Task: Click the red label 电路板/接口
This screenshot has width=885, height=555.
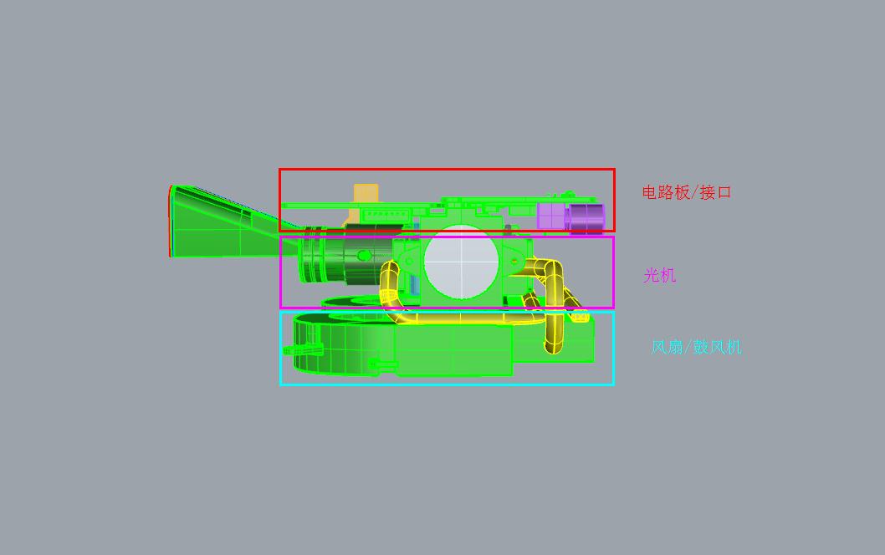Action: (x=686, y=192)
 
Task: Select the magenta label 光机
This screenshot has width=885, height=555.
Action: (x=659, y=275)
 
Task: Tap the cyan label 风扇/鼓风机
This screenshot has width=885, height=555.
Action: (x=696, y=347)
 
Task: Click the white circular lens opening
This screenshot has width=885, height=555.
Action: (x=462, y=262)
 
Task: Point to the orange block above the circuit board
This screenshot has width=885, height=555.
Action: (x=366, y=194)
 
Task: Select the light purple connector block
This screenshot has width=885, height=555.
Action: (x=550, y=216)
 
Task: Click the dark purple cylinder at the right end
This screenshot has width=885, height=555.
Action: (x=586, y=216)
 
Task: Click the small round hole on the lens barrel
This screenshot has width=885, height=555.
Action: (x=364, y=255)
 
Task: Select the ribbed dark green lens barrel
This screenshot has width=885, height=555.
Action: (x=335, y=261)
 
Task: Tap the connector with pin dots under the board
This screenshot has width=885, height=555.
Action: (x=386, y=216)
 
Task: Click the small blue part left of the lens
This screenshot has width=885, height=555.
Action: (x=414, y=284)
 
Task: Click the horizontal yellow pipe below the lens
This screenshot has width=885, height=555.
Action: (x=468, y=318)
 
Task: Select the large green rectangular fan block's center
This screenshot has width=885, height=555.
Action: (x=453, y=351)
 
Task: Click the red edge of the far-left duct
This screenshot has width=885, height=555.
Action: (x=171, y=222)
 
